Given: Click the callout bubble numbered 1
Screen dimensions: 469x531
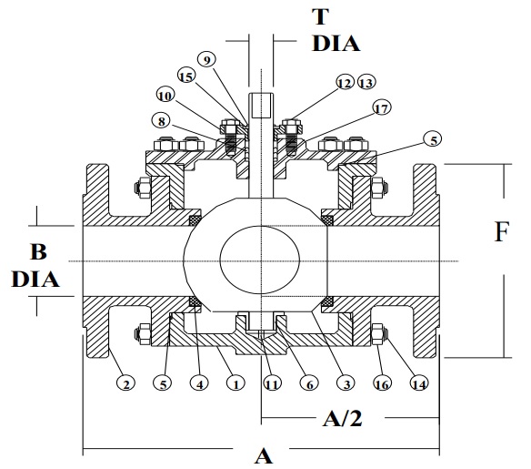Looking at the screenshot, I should coord(235,384).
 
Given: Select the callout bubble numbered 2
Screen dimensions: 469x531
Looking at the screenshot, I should coord(127,384).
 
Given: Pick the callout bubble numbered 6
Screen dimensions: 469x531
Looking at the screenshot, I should coord(309,384).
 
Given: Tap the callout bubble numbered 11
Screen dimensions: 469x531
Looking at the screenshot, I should coord(271,384).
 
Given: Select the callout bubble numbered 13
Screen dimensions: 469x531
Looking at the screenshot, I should coord(366,83).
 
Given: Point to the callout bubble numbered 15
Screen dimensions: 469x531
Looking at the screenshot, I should coord(185,77).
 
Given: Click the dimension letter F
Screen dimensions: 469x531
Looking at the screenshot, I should coord(500,232).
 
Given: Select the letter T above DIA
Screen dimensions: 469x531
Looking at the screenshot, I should coord(267,15).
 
